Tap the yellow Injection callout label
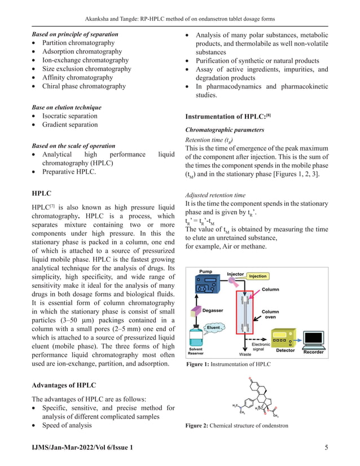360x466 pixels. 257,276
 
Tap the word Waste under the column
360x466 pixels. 245,354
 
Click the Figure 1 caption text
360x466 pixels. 228,365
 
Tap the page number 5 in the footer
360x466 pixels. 327,447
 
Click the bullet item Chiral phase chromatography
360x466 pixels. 84,86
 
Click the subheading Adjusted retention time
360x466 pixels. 216,196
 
